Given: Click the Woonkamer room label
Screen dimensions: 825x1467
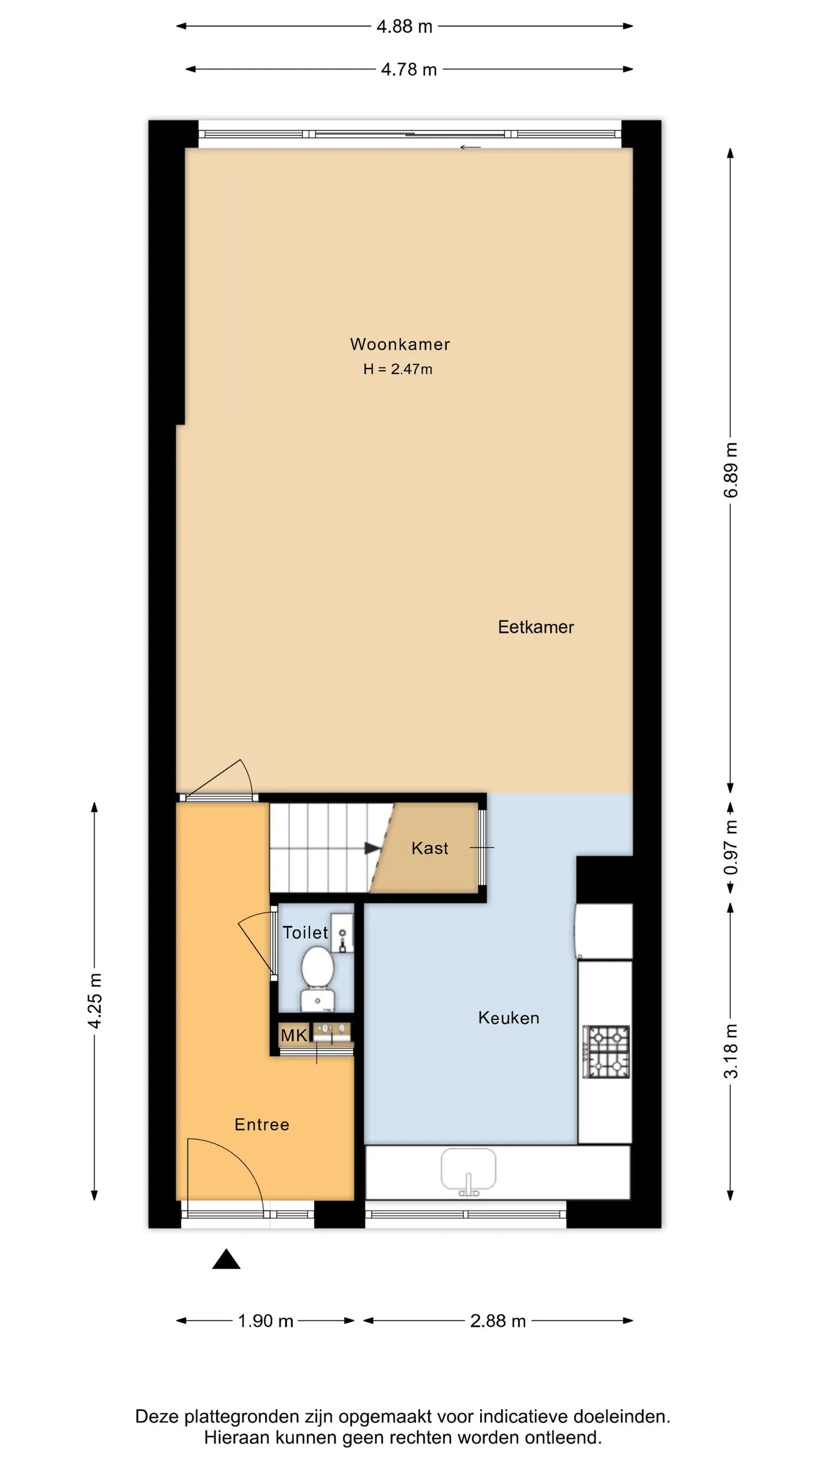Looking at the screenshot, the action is point(400,344).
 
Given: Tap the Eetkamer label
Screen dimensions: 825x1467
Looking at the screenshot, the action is point(536,627).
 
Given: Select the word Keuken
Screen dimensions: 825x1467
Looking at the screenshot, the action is point(509,1018).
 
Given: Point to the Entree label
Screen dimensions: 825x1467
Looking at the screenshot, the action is point(262,1124).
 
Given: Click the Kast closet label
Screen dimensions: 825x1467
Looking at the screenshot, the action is point(430,848).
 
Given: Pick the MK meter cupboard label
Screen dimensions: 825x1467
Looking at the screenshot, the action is point(294,1035).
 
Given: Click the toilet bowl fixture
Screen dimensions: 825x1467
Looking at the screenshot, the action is point(317,978).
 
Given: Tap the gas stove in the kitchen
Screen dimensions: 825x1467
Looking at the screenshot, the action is point(606,1052).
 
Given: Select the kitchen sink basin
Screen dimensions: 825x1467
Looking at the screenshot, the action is point(468,1169).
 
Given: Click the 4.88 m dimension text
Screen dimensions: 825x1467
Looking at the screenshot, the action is point(404,26).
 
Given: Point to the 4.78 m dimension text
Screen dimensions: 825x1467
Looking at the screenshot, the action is point(409,69).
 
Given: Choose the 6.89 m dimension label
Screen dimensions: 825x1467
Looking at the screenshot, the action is point(730,470).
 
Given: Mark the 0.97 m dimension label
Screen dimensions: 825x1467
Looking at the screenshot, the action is point(730,847).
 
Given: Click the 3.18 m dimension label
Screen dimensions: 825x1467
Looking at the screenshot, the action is point(730,1051).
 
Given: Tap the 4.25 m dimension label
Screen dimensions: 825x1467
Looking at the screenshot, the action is point(95,1001).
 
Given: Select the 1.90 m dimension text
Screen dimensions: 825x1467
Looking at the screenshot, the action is point(265,1321).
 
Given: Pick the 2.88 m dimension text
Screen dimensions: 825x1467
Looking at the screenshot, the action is point(498,1321).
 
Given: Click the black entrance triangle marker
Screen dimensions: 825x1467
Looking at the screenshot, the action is point(226,1259).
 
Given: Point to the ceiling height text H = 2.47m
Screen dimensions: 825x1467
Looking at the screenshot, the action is point(398,369).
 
